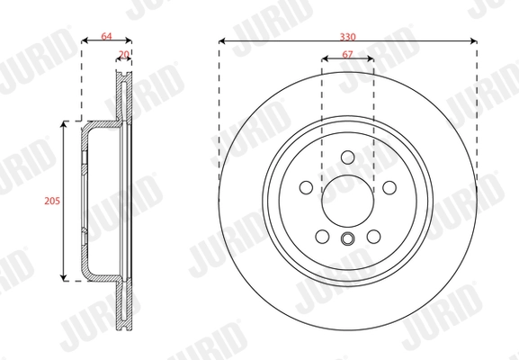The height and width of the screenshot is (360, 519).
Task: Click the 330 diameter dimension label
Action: tap(347, 35)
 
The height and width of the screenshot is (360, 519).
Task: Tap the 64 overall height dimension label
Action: tap(106, 35)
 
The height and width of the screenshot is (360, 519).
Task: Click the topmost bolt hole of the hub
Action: tap(348, 159)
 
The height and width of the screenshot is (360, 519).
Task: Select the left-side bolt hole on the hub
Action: tap(306, 188)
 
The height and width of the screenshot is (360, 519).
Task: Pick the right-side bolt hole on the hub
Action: tap(389, 188)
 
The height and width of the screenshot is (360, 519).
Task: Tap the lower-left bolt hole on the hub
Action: tap(322, 238)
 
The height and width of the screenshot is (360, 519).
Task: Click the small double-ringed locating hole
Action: tap(348, 238)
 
